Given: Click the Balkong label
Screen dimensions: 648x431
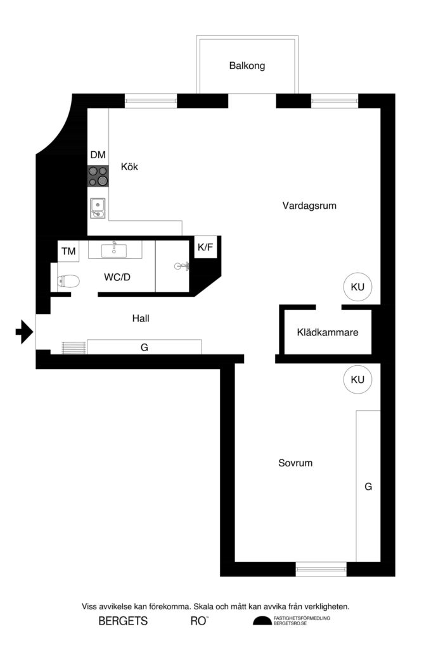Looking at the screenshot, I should pyautogui.click(x=247, y=66).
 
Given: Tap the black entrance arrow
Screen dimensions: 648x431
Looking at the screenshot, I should pyautogui.click(x=24, y=331).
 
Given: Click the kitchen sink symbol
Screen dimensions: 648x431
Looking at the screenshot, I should pyautogui.click(x=98, y=207).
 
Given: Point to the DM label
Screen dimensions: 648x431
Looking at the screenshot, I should pyautogui.click(x=98, y=155).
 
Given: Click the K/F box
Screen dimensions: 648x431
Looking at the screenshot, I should pyautogui.click(x=205, y=247).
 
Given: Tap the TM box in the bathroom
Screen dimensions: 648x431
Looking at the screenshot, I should pyautogui.click(x=68, y=252).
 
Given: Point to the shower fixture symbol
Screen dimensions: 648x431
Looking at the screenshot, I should pyautogui.click(x=181, y=266).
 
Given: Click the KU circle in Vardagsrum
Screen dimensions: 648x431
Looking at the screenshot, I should pyautogui.click(x=357, y=287).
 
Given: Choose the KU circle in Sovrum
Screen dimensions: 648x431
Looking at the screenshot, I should pyautogui.click(x=357, y=380).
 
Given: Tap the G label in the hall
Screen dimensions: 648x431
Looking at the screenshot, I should pyautogui.click(x=145, y=347).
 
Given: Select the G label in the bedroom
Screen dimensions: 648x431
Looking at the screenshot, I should pyautogui.click(x=368, y=487).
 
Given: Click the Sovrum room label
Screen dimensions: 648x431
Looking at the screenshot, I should pyautogui.click(x=295, y=463).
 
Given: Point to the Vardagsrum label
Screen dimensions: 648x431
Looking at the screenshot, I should pyautogui.click(x=309, y=206).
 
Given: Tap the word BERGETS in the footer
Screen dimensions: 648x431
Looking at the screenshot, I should pyautogui.click(x=123, y=621).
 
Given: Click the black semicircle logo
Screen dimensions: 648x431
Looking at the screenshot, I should pyautogui.click(x=262, y=621).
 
